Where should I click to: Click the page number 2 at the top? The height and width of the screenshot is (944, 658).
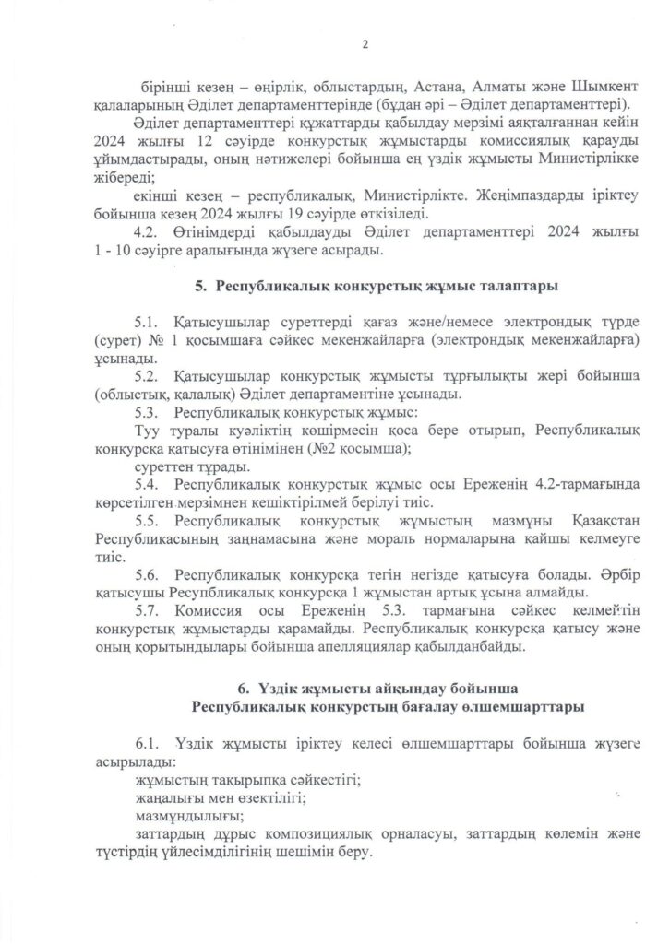tap(365, 43)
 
